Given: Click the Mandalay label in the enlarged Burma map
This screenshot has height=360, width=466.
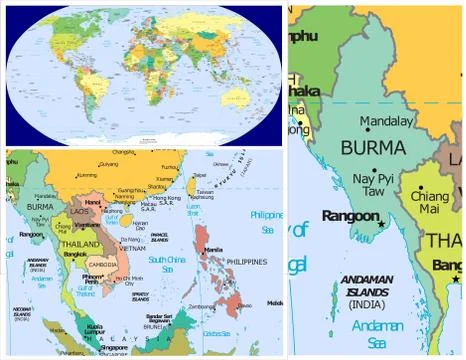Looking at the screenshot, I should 386,120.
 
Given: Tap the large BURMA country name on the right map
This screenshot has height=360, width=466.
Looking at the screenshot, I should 373,147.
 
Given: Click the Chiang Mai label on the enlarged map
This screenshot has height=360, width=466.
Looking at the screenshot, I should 430,203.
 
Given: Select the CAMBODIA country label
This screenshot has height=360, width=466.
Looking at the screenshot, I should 101,265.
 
